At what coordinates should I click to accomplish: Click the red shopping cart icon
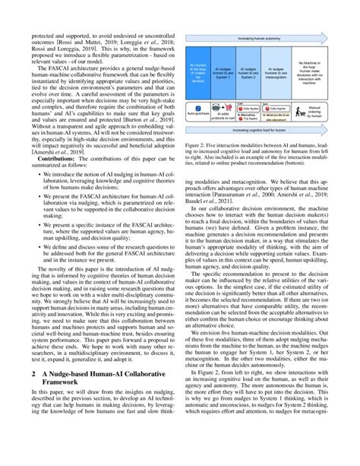pos(229,106)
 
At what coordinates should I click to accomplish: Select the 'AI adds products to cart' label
pos(230,117)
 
